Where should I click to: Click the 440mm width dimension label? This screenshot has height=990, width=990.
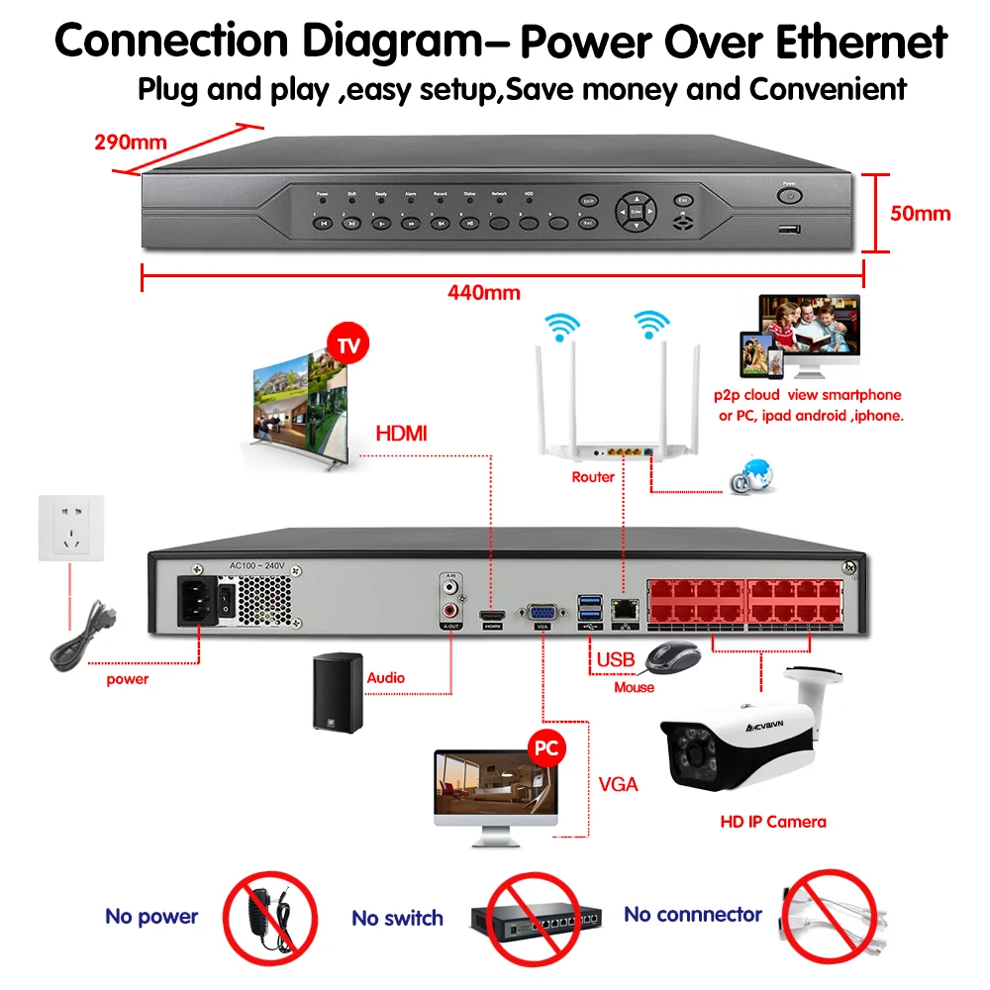483,292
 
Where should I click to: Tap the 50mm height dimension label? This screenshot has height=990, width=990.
920,213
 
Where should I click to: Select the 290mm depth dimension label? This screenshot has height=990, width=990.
131,141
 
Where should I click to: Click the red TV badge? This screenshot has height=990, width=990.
347,346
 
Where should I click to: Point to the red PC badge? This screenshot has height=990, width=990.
544,747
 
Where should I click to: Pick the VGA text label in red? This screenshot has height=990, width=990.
619,785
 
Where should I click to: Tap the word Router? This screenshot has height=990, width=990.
593,477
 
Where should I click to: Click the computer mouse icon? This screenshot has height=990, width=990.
672,656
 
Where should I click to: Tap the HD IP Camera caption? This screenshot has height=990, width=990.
772,821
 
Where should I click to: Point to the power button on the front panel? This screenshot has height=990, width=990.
789,196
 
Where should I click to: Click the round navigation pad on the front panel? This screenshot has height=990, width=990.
635,210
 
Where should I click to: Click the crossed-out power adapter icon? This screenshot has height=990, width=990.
269,915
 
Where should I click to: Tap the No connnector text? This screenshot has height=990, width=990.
693,915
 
